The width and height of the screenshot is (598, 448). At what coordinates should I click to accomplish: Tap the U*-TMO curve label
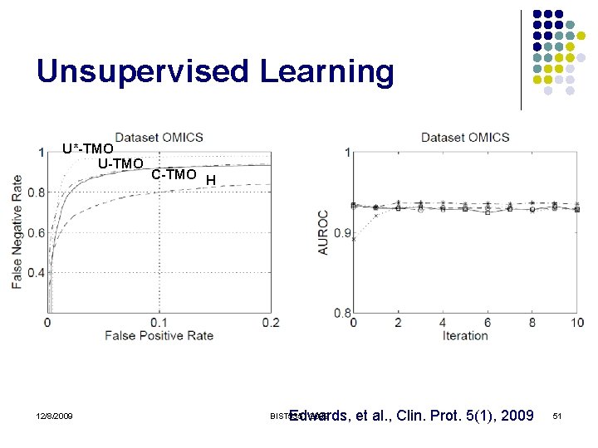pyautogui.click(x=87, y=149)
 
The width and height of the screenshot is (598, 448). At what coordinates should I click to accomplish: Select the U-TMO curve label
pyautogui.click(x=120, y=163)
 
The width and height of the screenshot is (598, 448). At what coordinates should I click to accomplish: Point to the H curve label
pyautogui.click(x=211, y=180)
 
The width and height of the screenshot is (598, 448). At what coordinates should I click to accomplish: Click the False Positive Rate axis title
pyautogui.click(x=159, y=335)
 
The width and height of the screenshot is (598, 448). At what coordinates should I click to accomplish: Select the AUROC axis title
pyautogui.click(x=323, y=231)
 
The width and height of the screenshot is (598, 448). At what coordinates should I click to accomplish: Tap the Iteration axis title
pyautogui.click(x=465, y=335)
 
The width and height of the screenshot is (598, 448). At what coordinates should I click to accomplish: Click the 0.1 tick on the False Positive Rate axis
pyautogui.click(x=159, y=322)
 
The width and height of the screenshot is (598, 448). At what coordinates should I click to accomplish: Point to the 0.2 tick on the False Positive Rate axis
pyautogui.click(x=270, y=322)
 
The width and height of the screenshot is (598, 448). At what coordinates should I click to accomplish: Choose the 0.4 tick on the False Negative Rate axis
pyautogui.click(x=36, y=273)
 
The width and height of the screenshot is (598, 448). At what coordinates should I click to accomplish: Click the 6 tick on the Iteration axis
pyautogui.click(x=488, y=322)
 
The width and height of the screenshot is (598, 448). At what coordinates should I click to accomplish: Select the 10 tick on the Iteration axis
pyautogui.click(x=576, y=322)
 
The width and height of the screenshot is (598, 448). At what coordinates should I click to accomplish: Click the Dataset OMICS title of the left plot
pyautogui.click(x=159, y=137)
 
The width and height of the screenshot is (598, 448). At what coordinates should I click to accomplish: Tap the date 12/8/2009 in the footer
pyautogui.click(x=55, y=416)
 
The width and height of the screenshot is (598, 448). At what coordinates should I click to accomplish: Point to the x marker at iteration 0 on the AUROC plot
pyautogui.click(x=355, y=239)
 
